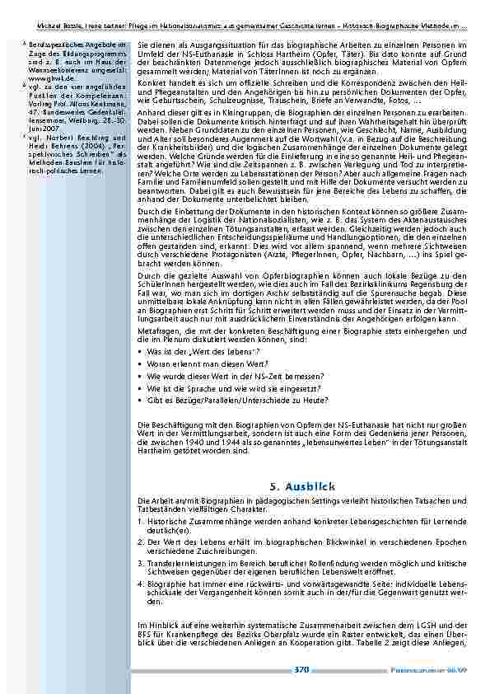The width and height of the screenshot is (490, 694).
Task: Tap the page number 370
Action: coord(301,670)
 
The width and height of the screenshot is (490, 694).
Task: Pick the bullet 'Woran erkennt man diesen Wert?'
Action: coord(194,363)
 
